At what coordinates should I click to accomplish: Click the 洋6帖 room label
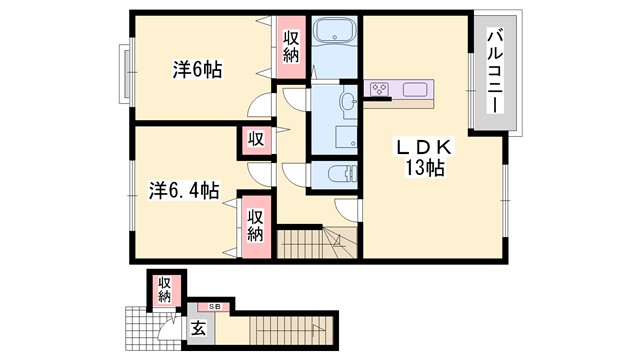pos(197,70)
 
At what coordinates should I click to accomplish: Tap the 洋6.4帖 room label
pos(185,189)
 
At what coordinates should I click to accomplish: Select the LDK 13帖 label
pos(427,157)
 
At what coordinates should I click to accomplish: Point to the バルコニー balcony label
pos(494,72)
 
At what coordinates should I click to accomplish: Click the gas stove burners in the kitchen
pos(380,91)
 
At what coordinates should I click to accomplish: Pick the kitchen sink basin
pos(416,91)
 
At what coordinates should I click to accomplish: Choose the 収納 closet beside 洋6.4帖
pos(256,224)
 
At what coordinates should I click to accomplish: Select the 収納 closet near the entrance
pos(164,290)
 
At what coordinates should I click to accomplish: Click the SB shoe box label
pos(214,305)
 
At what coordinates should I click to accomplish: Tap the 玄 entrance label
pos(198,327)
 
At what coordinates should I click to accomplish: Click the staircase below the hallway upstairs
pos(314,242)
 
